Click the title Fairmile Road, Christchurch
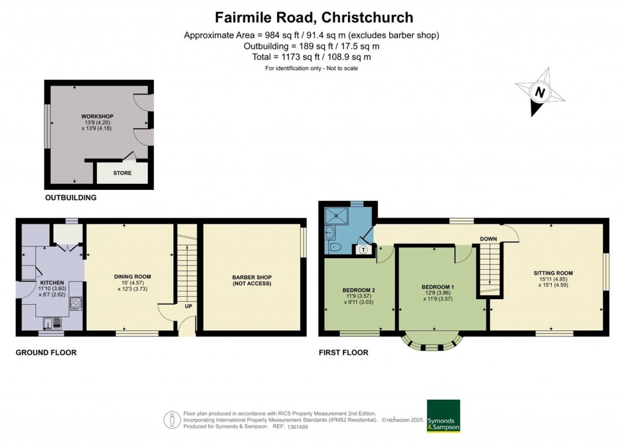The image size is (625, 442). [x=314, y=18]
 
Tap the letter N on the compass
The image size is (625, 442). [x=540, y=92]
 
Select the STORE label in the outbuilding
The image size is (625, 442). [x=122, y=173]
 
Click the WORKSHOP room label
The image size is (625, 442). [x=96, y=117]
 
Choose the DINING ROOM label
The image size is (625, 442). [x=132, y=277]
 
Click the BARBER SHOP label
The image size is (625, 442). [x=252, y=277]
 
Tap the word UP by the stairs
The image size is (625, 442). [x=189, y=306]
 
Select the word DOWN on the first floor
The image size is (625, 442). [x=488, y=239]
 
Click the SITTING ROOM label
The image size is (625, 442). [x=553, y=274]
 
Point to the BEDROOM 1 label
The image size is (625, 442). [x=438, y=287]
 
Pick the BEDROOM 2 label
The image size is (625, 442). [x=359, y=290]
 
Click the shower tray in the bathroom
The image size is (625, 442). [x=337, y=216]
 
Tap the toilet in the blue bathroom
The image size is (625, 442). [x=334, y=247]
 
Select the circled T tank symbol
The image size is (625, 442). [x=364, y=250]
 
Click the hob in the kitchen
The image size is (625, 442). [x=76, y=303]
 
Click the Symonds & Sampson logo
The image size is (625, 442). [x=443, y=416]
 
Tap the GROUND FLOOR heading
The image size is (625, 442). [x=46, y=352]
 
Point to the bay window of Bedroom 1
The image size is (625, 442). [x=433, y=342]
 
